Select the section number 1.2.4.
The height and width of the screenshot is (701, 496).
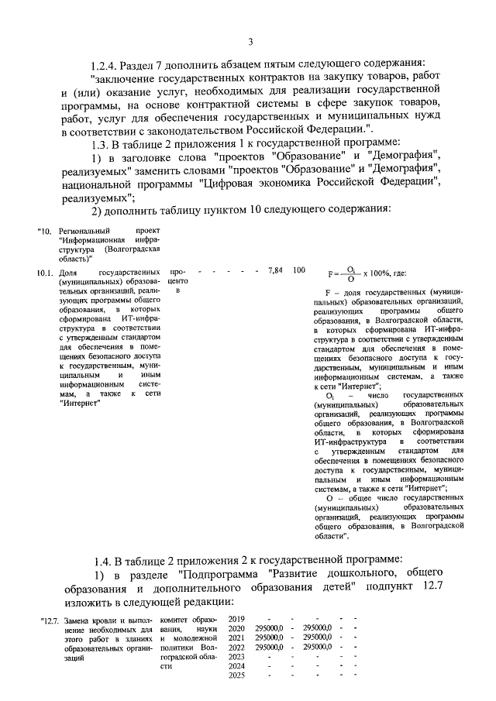coord(107,64)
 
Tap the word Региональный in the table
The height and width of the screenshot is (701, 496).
coord(84,231)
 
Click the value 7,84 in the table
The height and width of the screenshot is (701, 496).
coord(274,271)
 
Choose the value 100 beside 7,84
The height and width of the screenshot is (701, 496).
coord(298,271)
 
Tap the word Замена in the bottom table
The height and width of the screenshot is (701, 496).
coord(77,620)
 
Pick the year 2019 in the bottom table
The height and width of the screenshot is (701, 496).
coord(237,619)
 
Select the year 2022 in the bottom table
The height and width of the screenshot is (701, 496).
coord(237,647)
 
